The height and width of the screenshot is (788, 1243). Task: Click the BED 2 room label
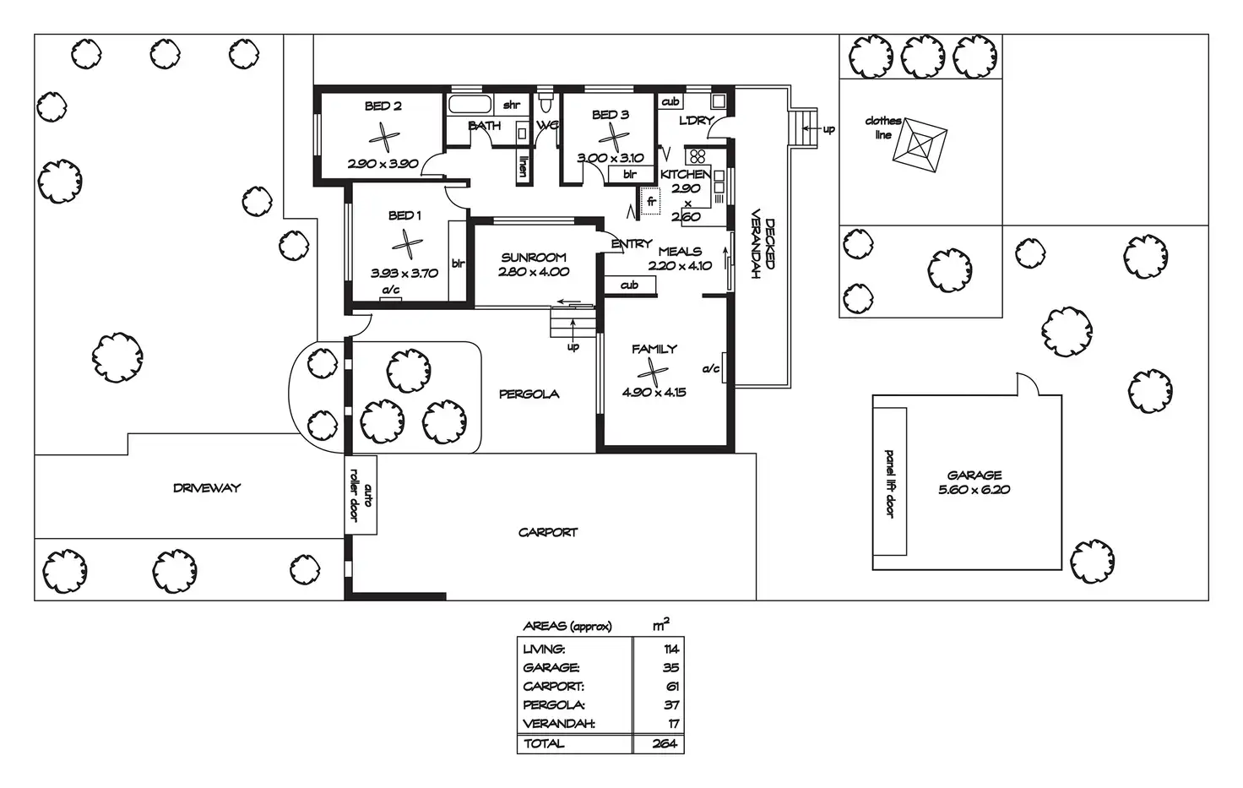click(x=383, y=106)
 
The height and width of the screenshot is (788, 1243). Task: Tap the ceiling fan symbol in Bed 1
click(x=407, y=245)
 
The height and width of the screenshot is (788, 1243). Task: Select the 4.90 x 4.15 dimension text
click(x=654, y=392)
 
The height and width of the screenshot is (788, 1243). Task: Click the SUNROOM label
click(x=534, y=258)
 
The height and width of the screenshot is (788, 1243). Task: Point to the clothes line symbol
click(x=920, y=144)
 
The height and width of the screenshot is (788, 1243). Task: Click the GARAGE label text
click(x=974, y=476)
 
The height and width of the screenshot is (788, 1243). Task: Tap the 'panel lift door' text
click(x=889, y=483)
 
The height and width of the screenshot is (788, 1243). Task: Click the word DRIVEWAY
click(x=207, y=488)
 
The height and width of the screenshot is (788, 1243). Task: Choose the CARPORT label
click(x=548, y=533)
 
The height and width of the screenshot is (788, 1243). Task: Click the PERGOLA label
click(x=529, y=394)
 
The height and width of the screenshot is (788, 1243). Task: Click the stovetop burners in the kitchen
click(x=697, y=156)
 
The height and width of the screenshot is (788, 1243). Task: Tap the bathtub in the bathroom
click(x=469, y=106)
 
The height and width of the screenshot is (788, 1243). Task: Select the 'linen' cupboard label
click(x=524, y=166)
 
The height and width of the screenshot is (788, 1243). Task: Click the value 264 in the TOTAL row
click(x=665, y=744)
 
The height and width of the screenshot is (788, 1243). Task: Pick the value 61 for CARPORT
click(x=672, y=687)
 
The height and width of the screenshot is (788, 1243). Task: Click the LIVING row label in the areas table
click(x=544, y=649)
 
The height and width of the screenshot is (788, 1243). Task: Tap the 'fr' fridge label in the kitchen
click(x=651, y=202)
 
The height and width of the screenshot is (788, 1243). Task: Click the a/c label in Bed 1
click(x=391, y=291)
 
